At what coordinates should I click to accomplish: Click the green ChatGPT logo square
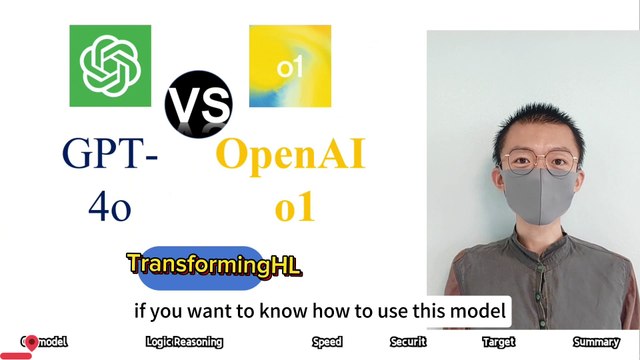[109, 65]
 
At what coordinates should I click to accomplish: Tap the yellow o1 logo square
[290, 66]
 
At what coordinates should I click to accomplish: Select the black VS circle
[198, 104]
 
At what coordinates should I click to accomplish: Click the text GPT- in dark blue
[110, 157]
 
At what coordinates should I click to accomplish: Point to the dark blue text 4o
[110, 206]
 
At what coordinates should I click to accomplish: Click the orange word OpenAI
[290, 156]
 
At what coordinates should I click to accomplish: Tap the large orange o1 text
[293, 206]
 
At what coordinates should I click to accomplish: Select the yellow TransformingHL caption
[213, 266]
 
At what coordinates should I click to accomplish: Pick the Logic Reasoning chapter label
[184, 342]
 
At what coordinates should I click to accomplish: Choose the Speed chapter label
[327, 342]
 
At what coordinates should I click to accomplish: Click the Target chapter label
[498, 342]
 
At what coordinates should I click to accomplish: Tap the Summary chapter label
[596, 342]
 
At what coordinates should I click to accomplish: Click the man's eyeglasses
[539, 160]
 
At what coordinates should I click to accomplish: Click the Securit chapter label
[408, 342]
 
